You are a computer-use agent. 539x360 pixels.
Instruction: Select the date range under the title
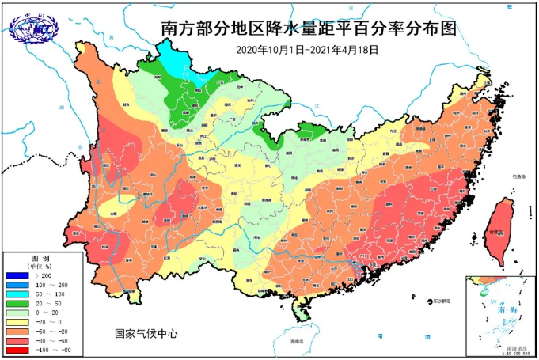tap(307, 49)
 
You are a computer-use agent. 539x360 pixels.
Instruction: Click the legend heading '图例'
tap(40, 258)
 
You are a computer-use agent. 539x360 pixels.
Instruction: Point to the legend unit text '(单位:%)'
tap(41, 266)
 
